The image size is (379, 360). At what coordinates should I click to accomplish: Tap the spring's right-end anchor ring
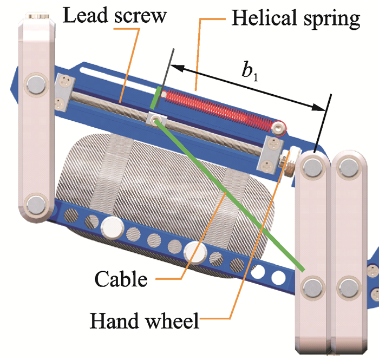279,128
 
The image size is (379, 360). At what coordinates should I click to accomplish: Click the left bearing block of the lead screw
63,92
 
